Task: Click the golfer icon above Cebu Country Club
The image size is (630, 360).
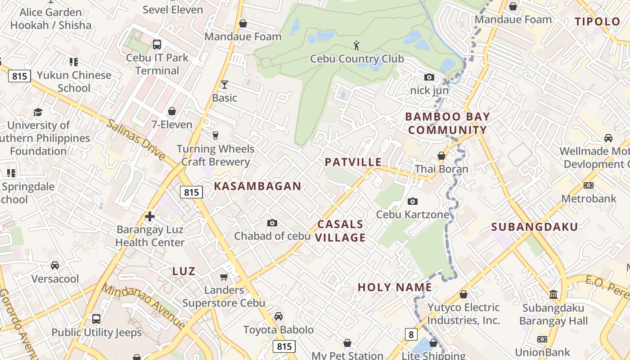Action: click(x=357, y=45)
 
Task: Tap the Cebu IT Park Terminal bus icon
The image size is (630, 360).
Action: click(x=157, y=45)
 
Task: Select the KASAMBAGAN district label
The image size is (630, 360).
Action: click(x=257, y=186)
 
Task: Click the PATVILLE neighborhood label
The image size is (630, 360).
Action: click(x=353, y=162)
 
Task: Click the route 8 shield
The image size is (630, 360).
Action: click(x=411, y=334)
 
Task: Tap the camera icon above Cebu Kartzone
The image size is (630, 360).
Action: click(x=413, y=201)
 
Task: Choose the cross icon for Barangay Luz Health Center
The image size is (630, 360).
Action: click(x=150, y=217)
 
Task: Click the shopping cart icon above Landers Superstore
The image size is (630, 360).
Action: click(x=224, y=277)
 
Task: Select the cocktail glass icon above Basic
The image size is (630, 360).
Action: click(x=225, y=85)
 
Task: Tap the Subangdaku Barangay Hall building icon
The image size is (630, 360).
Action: click(x=553, y=295)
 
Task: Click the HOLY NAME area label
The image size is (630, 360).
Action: click(x=395, y=287)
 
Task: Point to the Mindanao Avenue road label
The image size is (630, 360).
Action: click(x=143, y=306)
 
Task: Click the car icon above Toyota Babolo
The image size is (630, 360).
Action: click(x=279, y=316)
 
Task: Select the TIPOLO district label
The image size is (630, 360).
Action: click(x=598, y=22)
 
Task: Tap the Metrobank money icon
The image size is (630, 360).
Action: click(x=589, y=185)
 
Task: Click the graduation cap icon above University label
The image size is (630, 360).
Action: click(x=38, y=112)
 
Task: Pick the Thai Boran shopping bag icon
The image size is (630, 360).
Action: click(x=441, y=156)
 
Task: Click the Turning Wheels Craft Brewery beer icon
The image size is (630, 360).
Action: click(x=216, y=135)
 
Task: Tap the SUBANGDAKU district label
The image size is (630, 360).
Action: click(x=534, y=227)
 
